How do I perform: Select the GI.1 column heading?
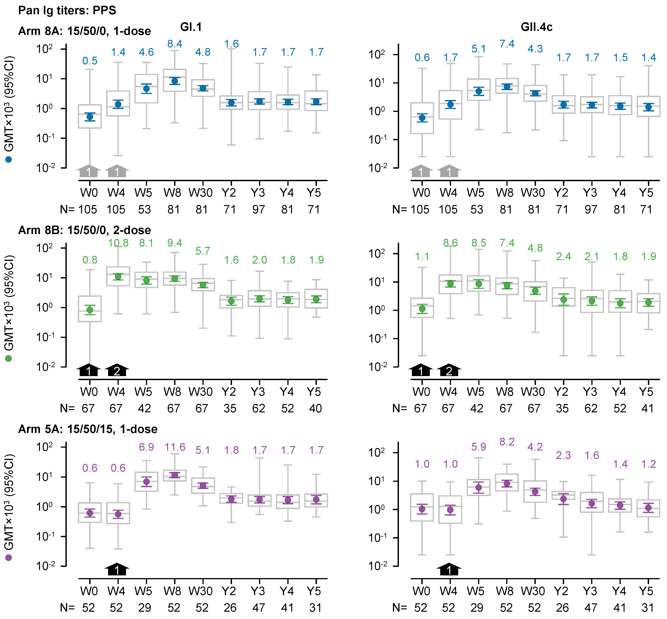(x=191, y=27)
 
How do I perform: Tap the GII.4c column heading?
(x=536, y=27)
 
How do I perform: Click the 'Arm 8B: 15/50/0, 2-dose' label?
(x=84, y=230)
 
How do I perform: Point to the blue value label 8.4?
(x=174, y=44)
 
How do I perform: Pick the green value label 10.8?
(x=118, y=243)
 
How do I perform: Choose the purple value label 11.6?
(x=174, y=447)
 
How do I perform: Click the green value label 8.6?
(x=450, y=243)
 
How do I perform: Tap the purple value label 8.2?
(x=507, y=442)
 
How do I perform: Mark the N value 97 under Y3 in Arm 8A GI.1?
(x=258, y=210)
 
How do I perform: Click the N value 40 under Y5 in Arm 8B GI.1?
(x=315, y=409)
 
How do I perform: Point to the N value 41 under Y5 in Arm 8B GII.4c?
(x=648, y=409)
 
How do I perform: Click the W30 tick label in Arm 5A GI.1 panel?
(x=200, y=591)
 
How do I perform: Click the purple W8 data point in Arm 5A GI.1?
(x=174, y=475)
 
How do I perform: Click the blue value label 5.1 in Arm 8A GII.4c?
(x=478, y=49)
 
